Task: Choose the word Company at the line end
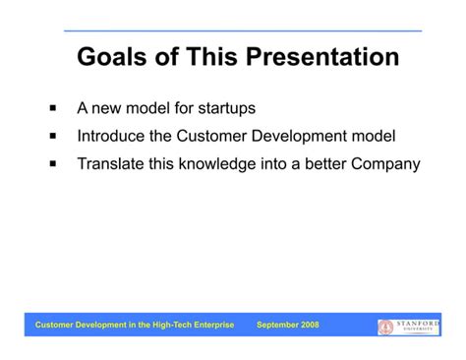pyautogui.click(x=385, y=163)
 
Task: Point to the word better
pyautogui.click(x=322, y=163)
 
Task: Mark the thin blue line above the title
pyautogui.click(x=243, y=31)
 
